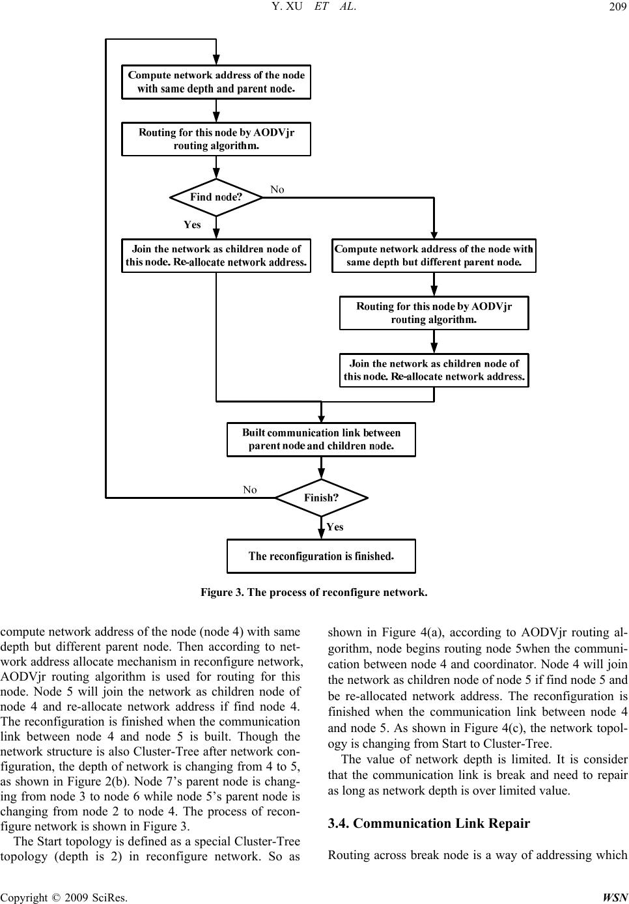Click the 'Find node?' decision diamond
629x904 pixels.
coord(216,197)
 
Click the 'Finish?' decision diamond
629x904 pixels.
coord(321,498)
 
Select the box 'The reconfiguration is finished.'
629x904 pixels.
coord(321,556)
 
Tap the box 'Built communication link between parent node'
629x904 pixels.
coord(321,440)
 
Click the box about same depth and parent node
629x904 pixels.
coord(216,82)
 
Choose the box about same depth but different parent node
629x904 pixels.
coord(434,256)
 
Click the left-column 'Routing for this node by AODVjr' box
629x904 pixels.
coord(216,139)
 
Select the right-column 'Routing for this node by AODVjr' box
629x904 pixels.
coord(434,313)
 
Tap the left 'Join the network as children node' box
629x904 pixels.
coord(216,256)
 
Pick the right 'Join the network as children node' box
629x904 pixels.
coord(434,370)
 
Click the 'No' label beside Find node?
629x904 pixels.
coord(277,190)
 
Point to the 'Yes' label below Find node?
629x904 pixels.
coord(192,225)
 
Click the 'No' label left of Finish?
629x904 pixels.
coord(250,490)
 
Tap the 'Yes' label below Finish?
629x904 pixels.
coord(335,527)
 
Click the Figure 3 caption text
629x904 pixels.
coord(314,593)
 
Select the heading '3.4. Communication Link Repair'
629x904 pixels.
coord(429,823)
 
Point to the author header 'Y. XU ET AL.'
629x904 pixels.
coord(314,7)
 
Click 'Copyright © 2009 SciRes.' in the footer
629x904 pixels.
coord(64,897)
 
